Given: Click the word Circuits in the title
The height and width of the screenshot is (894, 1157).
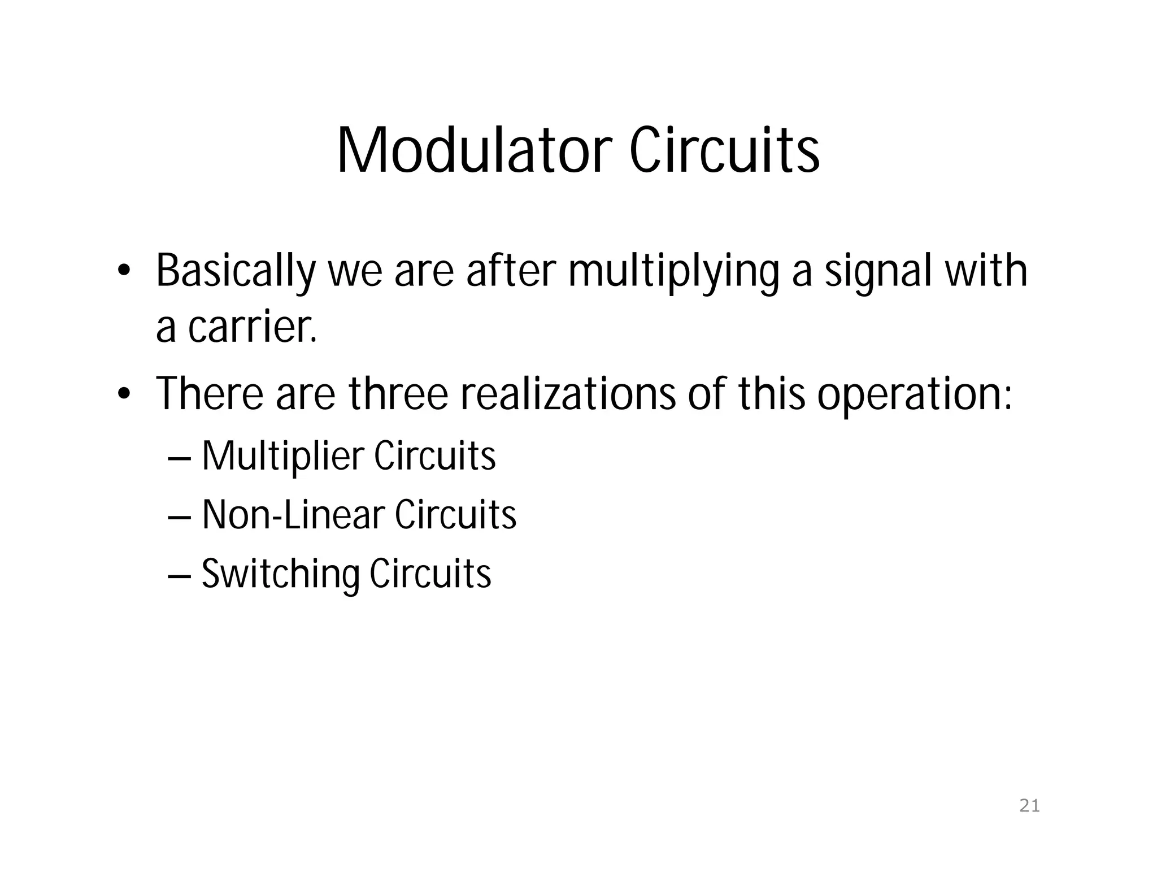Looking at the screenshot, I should [724, 150].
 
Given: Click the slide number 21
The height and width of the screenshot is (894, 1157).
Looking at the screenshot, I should [1029, 806].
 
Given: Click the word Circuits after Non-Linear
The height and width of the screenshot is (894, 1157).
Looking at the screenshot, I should [455, 515].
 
